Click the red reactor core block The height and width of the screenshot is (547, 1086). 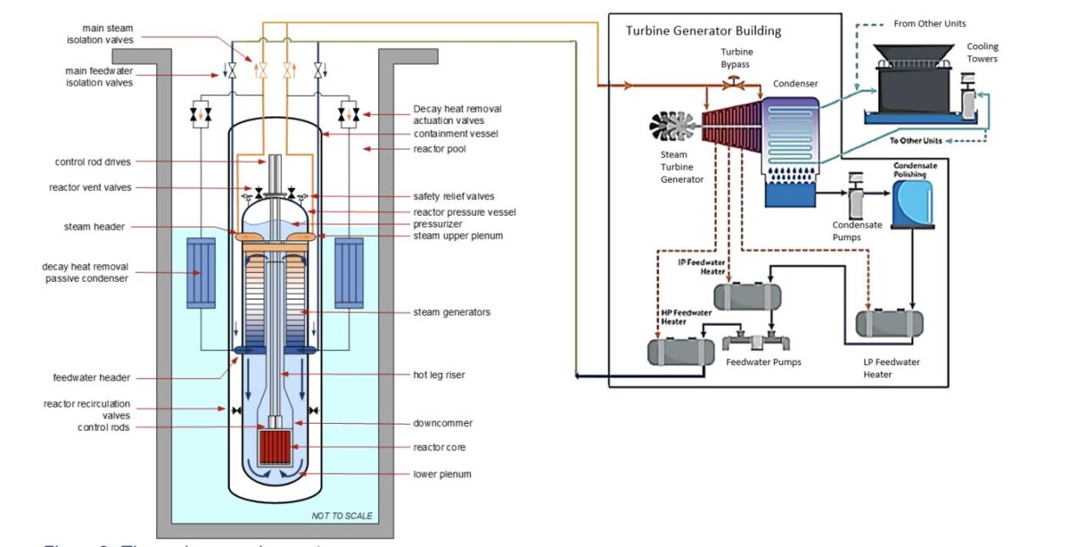274,447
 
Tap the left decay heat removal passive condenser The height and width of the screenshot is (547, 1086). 198,273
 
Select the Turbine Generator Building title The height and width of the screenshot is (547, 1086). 703,31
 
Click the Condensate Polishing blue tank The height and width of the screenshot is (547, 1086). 912,201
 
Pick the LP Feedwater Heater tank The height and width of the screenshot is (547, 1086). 889,324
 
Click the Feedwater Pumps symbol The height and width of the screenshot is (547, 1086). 755,342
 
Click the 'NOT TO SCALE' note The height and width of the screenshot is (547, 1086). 341,516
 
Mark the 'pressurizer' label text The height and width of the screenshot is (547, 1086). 438,223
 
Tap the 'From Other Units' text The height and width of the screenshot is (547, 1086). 930,24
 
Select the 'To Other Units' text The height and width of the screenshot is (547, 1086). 917,140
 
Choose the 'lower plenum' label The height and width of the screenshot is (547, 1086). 442,473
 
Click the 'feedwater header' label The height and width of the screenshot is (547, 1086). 92,378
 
